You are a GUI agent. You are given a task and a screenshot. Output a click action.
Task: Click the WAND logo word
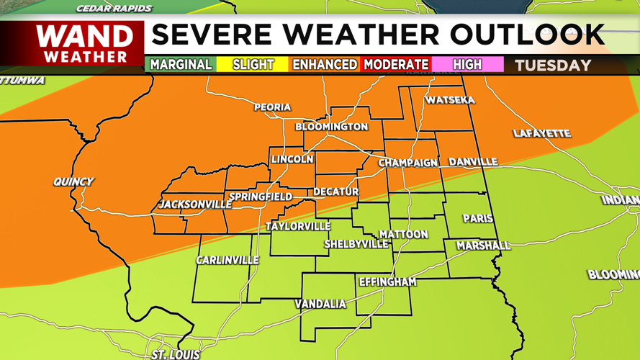pos(85,36)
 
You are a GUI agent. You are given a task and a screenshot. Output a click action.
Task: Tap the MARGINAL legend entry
pos(181,65)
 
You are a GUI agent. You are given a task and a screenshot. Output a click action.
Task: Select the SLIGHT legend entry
pos(253,65)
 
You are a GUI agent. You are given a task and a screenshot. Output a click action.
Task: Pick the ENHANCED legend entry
pos(324,65)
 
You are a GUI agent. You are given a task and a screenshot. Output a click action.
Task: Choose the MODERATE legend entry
pos(396,65)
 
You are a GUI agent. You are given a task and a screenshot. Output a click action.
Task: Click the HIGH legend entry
pos(467,65)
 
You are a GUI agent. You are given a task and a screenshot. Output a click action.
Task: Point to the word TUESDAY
pos(553,66)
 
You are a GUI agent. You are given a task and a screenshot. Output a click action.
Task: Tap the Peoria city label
pos(272,107)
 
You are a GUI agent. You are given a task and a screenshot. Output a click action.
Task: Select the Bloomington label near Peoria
pos(332,127)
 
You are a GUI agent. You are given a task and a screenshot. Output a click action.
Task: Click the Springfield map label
pos(261,197)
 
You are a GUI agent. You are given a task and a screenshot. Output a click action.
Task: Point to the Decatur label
pos(335,192)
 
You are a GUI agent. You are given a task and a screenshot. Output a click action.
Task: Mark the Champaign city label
pos(408,163)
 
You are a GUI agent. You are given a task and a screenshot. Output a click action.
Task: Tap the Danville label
pos(473,162)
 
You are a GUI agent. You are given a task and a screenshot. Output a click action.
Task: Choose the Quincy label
pos(73,181)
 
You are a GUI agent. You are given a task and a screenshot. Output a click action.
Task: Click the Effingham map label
pos(387,282)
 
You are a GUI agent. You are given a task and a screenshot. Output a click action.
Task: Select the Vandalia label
pos(320,304)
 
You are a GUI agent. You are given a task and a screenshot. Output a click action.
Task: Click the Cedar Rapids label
pos(114,9)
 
